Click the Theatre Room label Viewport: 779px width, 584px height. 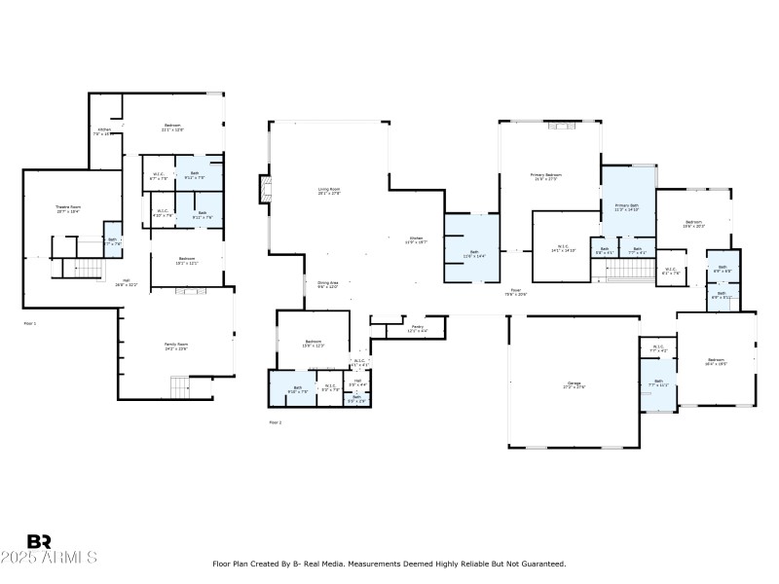(x=67, y=208)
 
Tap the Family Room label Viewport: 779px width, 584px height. (x=175, y=346)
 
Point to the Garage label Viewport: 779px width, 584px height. (x=574, y=384)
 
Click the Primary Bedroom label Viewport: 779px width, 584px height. (x=547, y=176)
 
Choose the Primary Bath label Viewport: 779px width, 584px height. (x=626, y=206)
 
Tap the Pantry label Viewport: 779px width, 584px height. (x=416, y=328)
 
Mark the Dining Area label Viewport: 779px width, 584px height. (x=327, y=284)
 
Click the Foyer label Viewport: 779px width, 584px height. (x=515, y=291)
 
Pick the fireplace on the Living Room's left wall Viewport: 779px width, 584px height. (x=264, y=190)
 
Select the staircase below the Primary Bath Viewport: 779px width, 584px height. (x=629, y=269)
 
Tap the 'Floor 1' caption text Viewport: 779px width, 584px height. (x=29, y=322)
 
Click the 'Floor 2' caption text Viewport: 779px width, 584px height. (x=275, y=421)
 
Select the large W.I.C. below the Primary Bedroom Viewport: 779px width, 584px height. (x=563, y=248)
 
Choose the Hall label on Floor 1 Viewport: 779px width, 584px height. (x=127, y=284)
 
